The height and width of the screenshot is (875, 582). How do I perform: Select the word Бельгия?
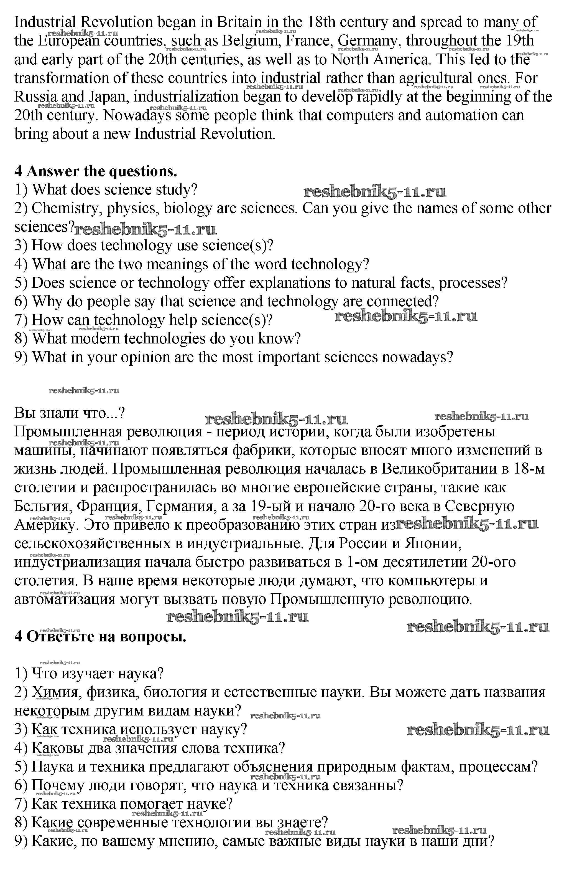42,506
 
